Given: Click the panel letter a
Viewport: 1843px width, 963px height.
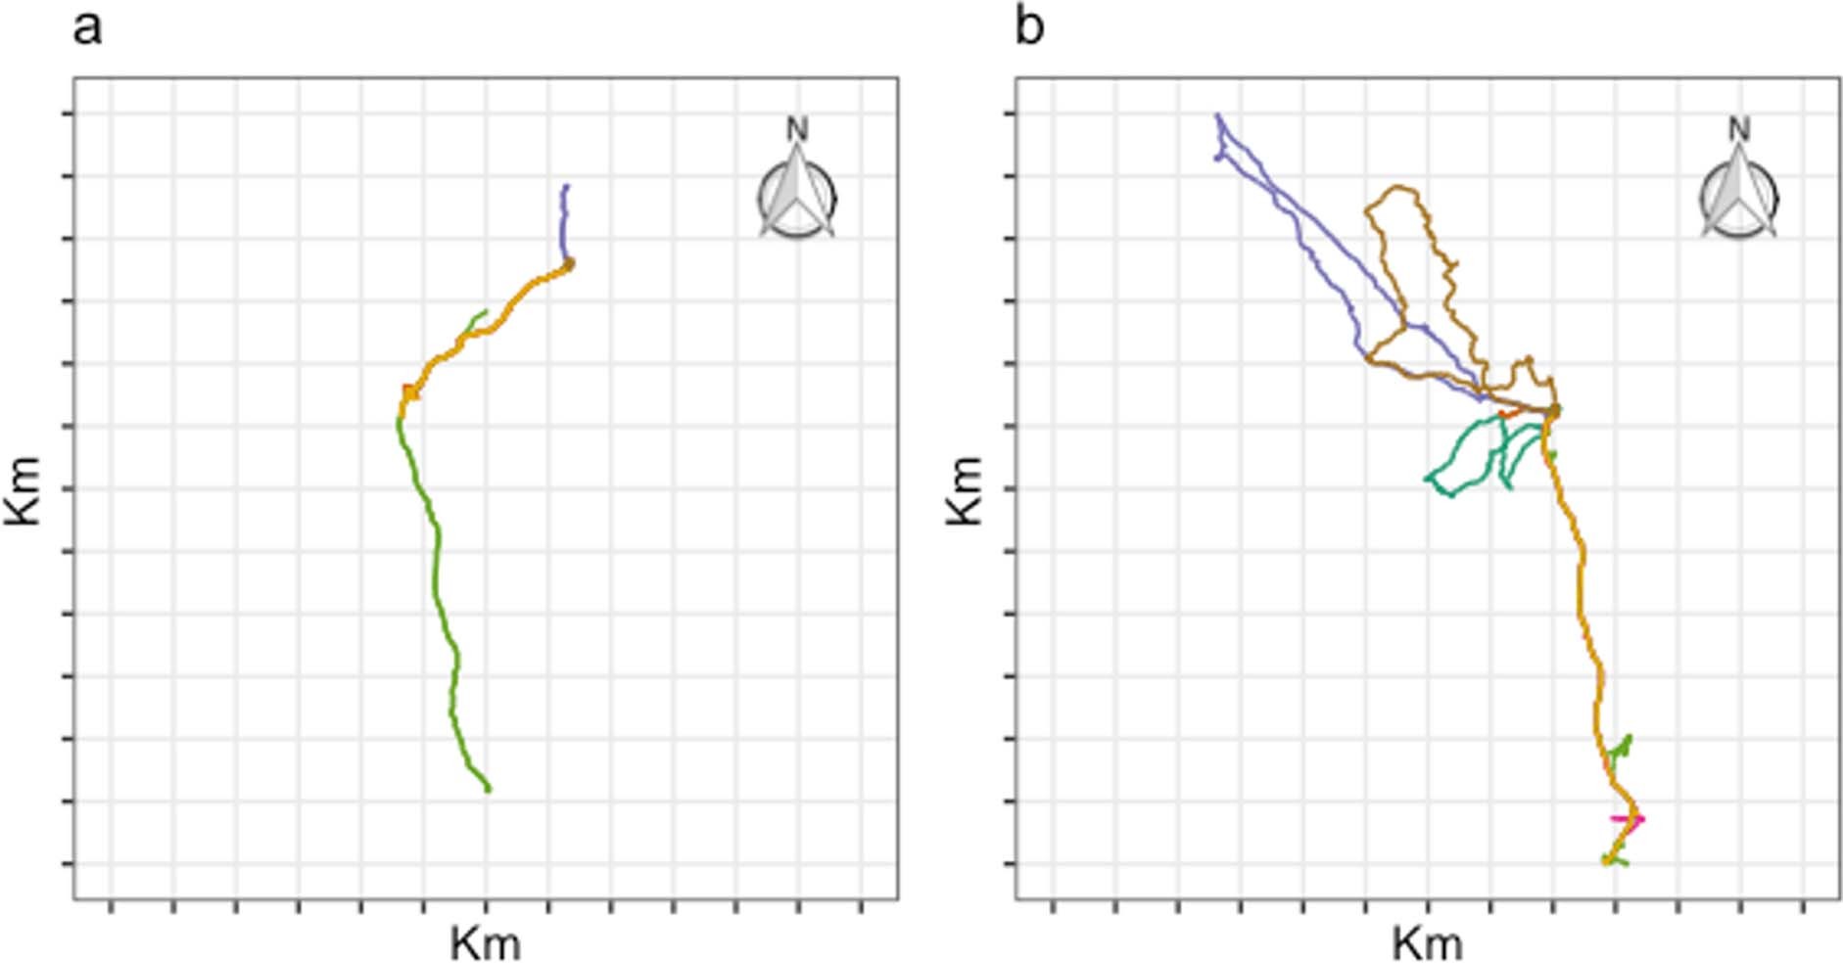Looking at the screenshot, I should click(86, 29).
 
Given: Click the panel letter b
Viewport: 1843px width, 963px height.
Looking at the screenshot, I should click(1028, 27).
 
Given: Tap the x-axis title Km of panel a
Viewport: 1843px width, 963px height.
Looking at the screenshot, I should click(485, 943).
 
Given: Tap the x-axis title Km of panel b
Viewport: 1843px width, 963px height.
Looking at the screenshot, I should click(1427, 943).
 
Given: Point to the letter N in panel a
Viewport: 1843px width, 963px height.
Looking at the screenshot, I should click(797, 128).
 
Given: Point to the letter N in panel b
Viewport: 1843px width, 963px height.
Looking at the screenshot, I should click(1739, 128).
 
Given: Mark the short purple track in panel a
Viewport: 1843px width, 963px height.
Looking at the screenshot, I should click(563, 221).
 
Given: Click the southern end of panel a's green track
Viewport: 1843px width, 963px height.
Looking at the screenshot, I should click(488, 788).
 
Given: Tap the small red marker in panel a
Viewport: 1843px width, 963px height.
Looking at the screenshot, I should click(409, 392).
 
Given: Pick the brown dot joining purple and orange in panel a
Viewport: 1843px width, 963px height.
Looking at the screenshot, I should click(569, 263).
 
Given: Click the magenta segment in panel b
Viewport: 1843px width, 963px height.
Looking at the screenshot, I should click(1628, 818).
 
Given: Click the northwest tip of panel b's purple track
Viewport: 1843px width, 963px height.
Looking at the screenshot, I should click(1217, 115).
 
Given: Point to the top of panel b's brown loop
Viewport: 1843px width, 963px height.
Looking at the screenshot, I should click(1398, 186).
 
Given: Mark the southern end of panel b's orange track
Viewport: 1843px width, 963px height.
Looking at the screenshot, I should click(1607, 860).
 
